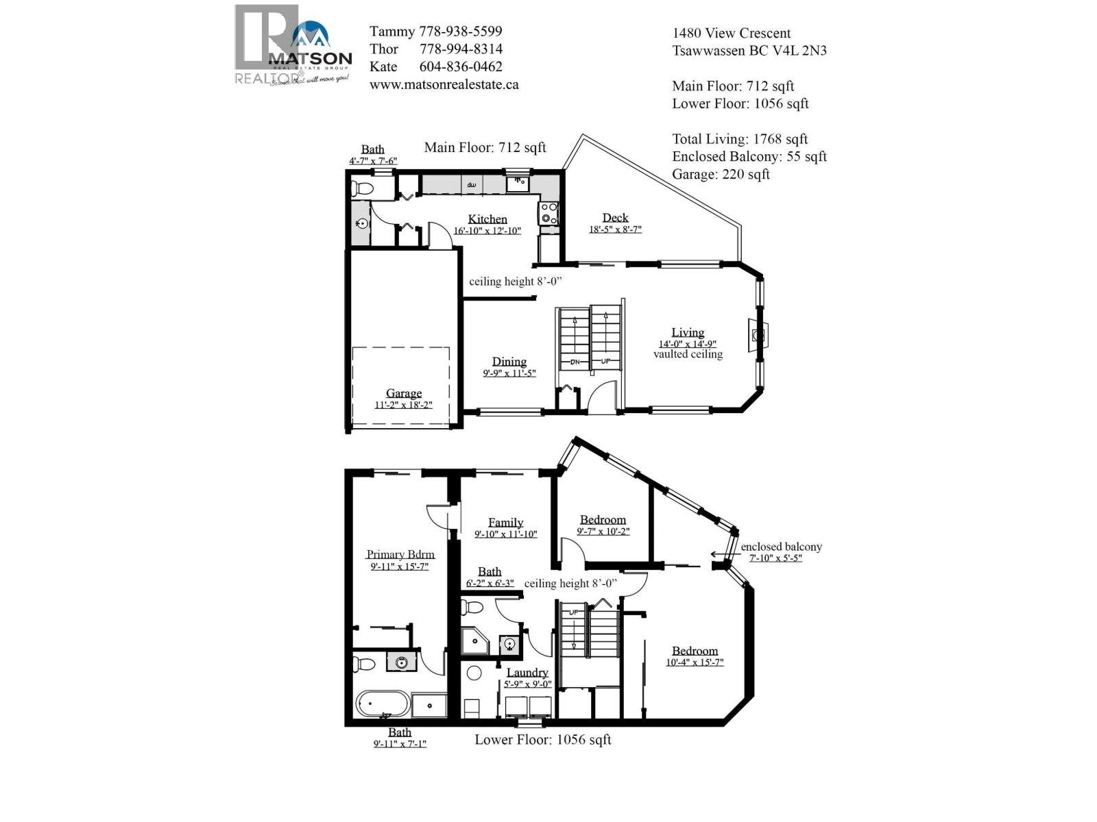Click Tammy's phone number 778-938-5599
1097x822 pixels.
point(460,32)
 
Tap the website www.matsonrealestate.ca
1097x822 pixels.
point(444,84)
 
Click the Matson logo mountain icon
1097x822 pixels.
point(311,36)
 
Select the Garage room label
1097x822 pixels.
point(403,393)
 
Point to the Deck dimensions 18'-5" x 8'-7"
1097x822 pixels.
point(615,229)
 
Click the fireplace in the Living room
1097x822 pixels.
point(757,335)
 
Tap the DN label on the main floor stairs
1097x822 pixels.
point(575,362)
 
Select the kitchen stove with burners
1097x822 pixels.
point(548,213)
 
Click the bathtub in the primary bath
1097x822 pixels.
point(382,704)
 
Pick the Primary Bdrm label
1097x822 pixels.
point(400,554)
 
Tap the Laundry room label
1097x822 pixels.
point(527,673)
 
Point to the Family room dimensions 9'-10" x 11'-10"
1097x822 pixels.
point(505,534)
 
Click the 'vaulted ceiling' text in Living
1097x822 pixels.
point(688,354)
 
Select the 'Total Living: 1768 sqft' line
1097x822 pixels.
point(740,139)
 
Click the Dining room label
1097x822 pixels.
point(509,362)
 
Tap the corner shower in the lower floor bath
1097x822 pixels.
point(474,642)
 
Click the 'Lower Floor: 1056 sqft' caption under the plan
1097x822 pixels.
point(542,740)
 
